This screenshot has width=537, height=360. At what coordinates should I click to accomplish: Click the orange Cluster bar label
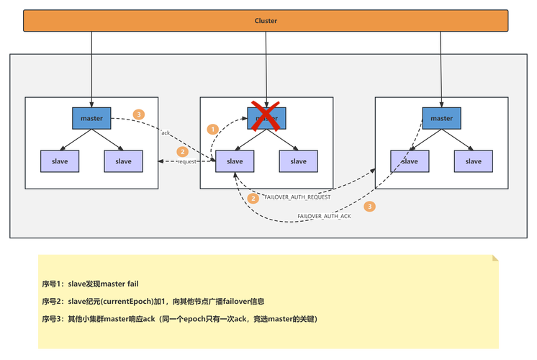pos(266,21)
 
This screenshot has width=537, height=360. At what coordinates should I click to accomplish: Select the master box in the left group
pos(91,118)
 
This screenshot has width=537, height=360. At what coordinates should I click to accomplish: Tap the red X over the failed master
pos(266,115)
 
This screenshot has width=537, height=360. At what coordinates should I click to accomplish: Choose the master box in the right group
pos(441,118)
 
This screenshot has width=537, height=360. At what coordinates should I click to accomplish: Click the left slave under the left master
pos(60,161)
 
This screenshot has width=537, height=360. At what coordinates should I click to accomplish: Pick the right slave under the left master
pos(123,161)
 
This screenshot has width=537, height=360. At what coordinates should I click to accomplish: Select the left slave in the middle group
pos(235,161)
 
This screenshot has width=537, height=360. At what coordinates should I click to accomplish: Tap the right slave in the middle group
pos(298,161)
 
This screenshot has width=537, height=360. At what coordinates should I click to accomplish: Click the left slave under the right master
pos(410,161)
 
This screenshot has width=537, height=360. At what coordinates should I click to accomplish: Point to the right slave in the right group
pos(473,161)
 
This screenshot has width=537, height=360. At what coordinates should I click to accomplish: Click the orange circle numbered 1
pos(212,129)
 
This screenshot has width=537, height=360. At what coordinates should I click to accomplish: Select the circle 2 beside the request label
pos(183,152)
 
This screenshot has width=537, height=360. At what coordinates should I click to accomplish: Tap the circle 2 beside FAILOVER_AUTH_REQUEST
pos(253,198)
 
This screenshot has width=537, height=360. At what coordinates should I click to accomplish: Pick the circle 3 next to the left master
pos(139,114)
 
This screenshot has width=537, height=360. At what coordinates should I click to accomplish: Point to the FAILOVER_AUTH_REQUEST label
pos(297,197)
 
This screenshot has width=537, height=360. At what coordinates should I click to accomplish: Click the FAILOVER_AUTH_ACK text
pos(324,216)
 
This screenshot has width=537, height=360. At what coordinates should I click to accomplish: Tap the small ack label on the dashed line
pos(166,133)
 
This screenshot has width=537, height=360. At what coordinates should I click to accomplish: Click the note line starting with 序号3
pos(180,318)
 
